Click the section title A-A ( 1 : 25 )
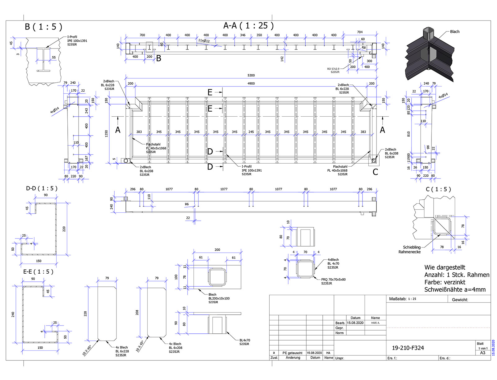[248, 26]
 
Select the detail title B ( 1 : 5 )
[43, 27]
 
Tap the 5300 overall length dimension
[251, 75]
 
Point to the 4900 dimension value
[251, 83]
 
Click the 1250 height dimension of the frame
[107, 134]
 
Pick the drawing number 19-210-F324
[408, 348]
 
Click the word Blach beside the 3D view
[454, 32]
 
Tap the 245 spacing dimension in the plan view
[251, 132]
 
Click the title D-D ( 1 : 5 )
[42, 188]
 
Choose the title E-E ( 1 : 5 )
[38, 272]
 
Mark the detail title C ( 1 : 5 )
[438, 189]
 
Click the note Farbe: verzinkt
[445, 282]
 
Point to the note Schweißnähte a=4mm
[455, 290]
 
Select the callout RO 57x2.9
[333, 69]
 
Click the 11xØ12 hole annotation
[204, 40]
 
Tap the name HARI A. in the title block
[375, 323]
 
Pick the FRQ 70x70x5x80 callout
[333, 280]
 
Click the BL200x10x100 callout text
[219, 299]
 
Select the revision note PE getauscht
[292, 353]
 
